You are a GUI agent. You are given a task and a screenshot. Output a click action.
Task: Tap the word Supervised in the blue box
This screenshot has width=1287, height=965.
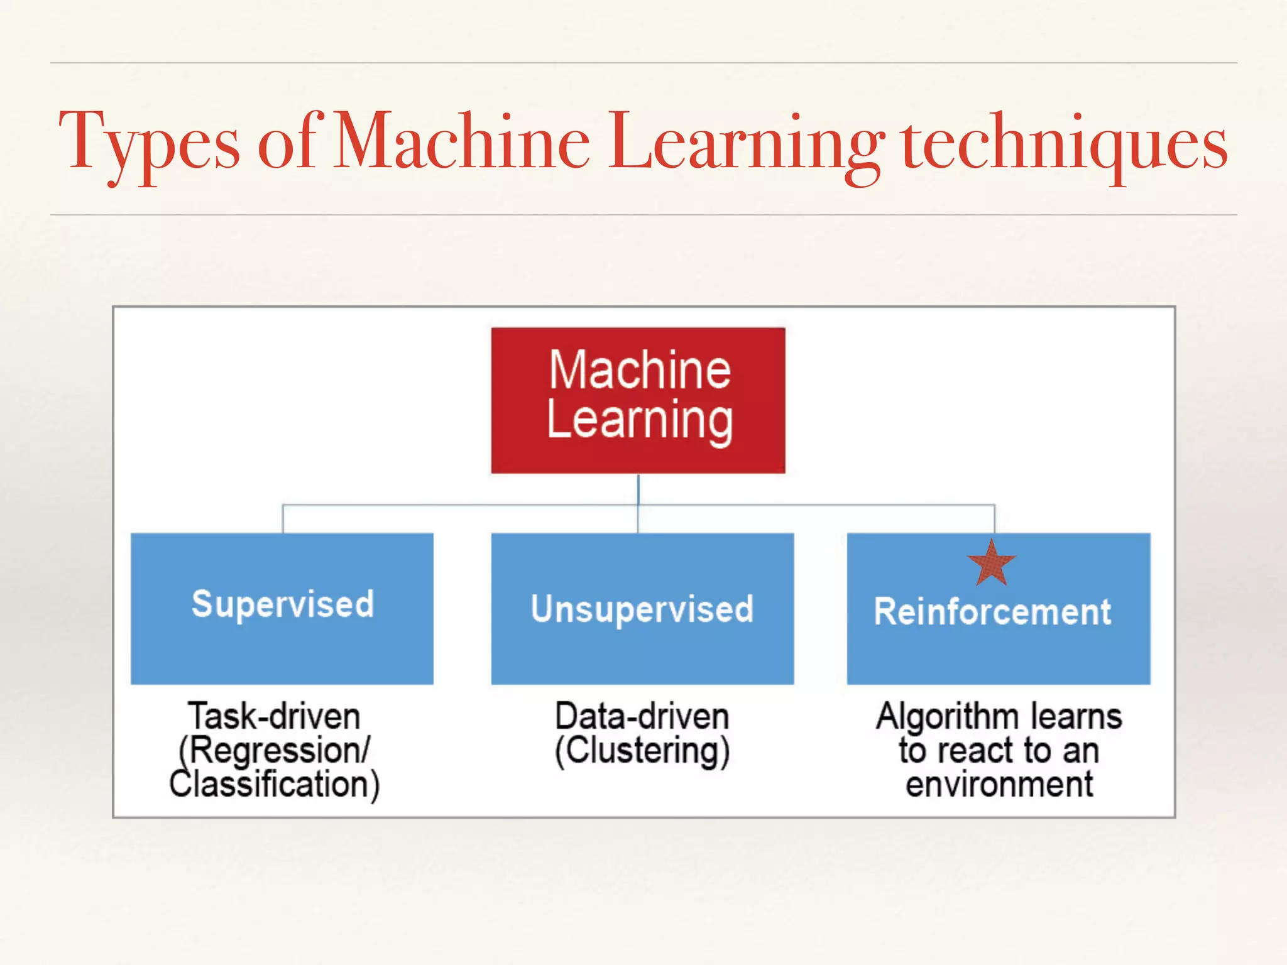click(283, 604)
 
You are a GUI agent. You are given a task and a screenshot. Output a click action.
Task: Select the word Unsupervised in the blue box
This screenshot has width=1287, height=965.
click(642, 609)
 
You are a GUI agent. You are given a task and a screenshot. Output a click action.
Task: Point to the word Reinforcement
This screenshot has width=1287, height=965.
click(992, 612)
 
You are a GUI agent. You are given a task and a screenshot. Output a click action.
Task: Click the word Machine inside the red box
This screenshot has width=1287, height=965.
click(640, 370)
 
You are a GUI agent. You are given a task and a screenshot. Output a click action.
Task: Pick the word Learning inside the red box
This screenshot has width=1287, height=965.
click(640, 421)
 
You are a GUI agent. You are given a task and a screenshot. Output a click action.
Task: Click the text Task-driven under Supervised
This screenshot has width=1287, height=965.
click(274, 717)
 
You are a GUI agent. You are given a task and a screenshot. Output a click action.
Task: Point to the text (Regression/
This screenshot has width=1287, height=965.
click(275, 751)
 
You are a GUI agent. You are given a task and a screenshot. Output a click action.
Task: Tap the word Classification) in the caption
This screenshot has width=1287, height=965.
click(275, 785)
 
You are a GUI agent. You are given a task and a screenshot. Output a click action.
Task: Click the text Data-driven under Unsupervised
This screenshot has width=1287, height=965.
click(642, 717)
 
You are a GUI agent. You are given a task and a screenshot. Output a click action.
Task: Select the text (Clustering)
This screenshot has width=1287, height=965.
click(642, 751)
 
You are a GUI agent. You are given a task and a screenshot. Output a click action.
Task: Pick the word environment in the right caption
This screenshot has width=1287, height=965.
click(999, 785)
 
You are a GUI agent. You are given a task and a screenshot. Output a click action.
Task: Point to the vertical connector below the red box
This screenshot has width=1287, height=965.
click(638, 489)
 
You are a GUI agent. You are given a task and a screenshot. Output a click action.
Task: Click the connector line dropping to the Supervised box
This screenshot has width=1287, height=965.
click(283, 519)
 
